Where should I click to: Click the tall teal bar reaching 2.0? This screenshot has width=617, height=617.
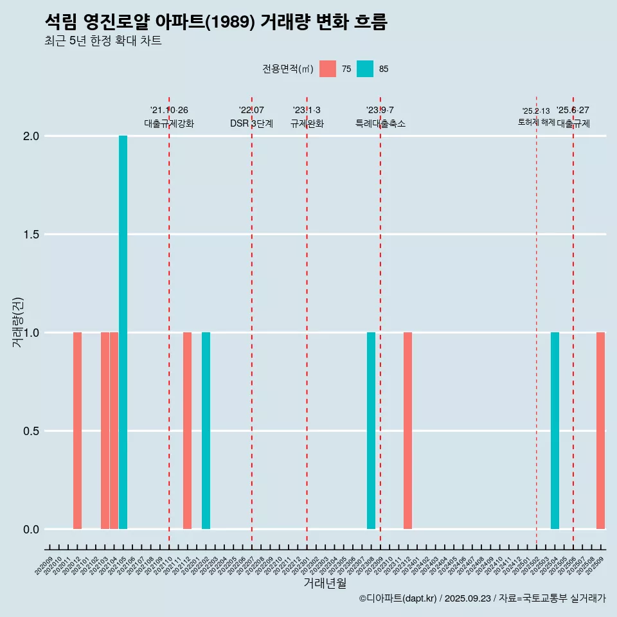click(x=123, y=332)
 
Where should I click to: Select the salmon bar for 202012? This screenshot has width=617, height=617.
click(x=77, y=431)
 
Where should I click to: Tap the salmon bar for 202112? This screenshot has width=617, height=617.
click(x=187, y=431)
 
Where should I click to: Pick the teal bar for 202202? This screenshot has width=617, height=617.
click(x=206, y=431)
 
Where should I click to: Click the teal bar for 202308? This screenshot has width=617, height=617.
click(x=371, y=431)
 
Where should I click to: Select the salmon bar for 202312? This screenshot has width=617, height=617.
click(x=407, y=431)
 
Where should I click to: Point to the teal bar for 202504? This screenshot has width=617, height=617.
click(x=555, y=431)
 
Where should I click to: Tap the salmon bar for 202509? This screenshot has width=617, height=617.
click(x=600, y=431)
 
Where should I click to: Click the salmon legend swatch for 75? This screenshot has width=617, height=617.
click(x=328, y=69)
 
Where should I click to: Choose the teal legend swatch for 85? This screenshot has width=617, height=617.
click(x=365, y=69)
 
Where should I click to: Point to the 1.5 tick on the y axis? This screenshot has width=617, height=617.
click(x=31, y=235)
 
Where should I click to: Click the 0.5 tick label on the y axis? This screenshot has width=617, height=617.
click(x=31, y=431)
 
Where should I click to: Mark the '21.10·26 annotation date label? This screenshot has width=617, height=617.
click(x=169, y=110)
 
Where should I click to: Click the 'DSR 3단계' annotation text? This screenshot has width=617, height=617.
click(x=251, y=123)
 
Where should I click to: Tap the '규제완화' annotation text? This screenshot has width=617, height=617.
click(x=307, y=123)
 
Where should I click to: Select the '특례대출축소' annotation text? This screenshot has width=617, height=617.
click(x=380, y=123)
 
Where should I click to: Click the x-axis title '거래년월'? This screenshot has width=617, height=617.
click(x=325, y=583)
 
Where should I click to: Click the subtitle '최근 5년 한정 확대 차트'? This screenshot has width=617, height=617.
click(x=103, y=41)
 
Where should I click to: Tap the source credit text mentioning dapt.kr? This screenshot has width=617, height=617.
click(x=482, y=598)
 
